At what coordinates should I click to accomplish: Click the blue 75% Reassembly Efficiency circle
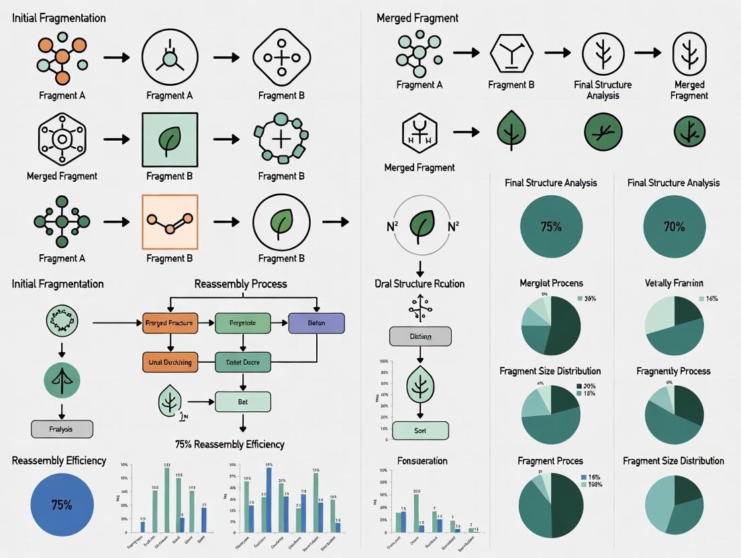coord(62,505)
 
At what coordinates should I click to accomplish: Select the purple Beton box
coord(316,323)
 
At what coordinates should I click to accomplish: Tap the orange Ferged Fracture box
coord(169,323)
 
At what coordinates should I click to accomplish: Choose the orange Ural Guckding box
coord(169,362)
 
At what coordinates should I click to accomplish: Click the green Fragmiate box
coord(242,323)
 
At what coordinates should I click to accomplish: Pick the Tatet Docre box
coord(242,362)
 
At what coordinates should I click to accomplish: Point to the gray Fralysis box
coord(62,429)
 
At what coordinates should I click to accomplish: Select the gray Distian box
coord(420,337)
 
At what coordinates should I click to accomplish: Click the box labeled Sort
coord(420,431)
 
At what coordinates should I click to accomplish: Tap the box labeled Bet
coord(242,402)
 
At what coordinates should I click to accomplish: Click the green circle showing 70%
coord(674,227)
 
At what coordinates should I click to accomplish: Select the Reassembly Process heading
coord(240,284)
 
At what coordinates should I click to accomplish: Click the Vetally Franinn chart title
coord(674,283)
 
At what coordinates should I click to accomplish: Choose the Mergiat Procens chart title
coord(550,283)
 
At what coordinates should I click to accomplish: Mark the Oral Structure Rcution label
coord(419,283)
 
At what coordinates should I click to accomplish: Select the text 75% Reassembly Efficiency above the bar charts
coord(230,444)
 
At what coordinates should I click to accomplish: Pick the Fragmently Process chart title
coord(673,371)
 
